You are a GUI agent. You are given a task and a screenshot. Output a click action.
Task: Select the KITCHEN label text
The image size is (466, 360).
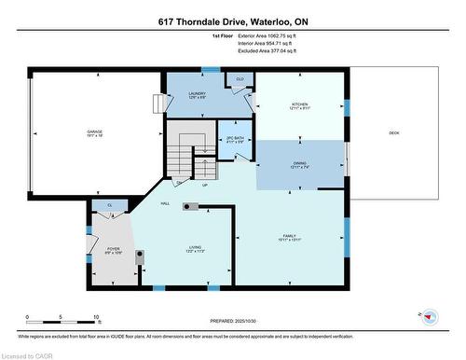tap(299, 104)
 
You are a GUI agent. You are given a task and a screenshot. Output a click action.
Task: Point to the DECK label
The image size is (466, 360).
tap(394, 133)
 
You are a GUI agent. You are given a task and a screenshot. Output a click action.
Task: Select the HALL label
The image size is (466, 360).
tap(165, 202)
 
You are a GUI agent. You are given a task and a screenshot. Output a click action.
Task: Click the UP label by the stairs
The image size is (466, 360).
tap(205, 184)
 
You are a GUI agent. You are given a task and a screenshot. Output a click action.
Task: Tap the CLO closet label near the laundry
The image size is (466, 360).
tap(240, 80)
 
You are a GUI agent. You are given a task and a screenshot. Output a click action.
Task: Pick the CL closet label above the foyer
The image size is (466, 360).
tap(110, 204)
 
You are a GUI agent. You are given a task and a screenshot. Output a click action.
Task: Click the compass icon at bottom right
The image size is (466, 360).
tap(430, 316)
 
